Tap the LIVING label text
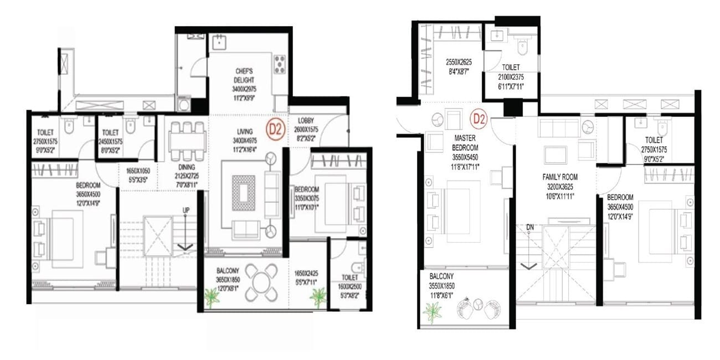[244, 132]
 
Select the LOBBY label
[306, 121]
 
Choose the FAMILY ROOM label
[560, 177]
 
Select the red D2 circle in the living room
[275, 128]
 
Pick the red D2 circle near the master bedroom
[479, 119]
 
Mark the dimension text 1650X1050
[138, 172]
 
